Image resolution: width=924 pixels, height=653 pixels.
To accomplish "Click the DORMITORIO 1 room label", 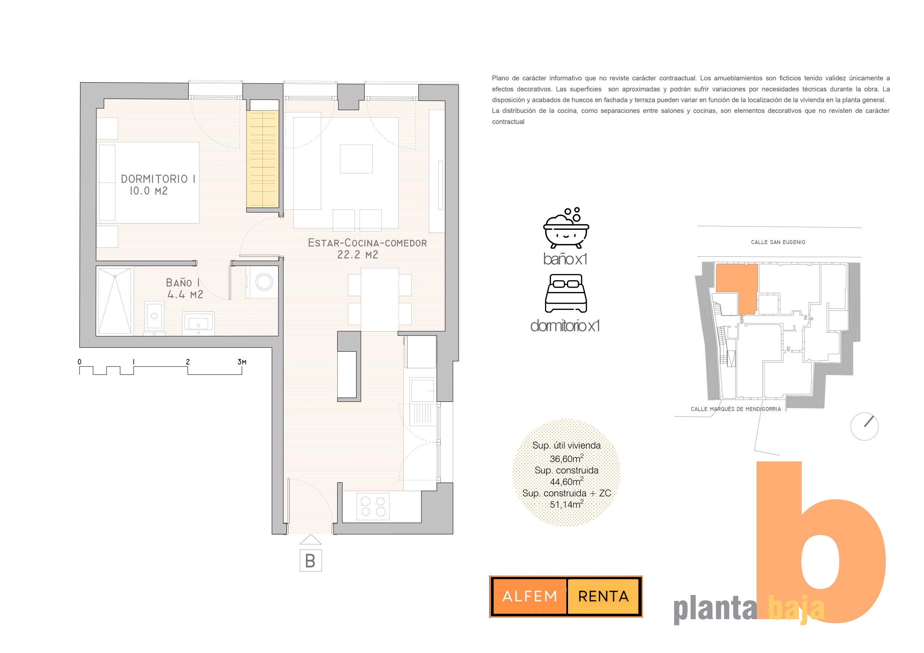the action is click(x=158, y=179).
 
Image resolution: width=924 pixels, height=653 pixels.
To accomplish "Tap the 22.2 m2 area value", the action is click(x=358, y=255).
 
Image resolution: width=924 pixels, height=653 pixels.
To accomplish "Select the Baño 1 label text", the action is click(x=183, y=283).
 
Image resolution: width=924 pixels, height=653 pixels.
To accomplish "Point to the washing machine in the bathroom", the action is click(x=262, y=282).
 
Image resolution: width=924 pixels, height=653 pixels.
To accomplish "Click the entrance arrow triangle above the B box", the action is click(x=311, y=540).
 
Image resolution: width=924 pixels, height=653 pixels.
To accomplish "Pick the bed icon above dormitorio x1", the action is click(x=566, y=293).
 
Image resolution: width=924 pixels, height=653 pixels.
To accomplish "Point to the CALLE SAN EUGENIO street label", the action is click(x=778, y=242).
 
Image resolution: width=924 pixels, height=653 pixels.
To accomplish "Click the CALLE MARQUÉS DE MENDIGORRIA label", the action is click(x=736, y=409).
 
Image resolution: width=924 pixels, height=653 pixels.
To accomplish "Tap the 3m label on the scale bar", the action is click(x=242, y=362).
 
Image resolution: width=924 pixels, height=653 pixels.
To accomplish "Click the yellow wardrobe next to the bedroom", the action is click(x=263, y=159).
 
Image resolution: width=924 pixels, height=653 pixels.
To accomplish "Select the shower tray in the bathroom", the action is click(x=115, y=301).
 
